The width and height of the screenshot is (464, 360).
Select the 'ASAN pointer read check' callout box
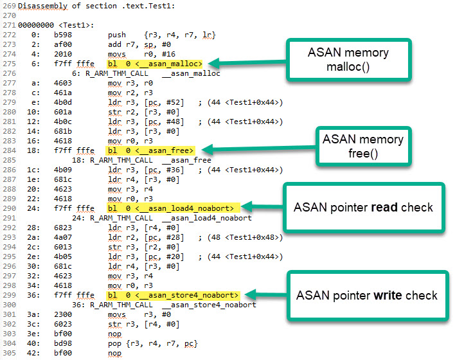point(364,207)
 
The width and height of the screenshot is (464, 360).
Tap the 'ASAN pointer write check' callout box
point(366,295)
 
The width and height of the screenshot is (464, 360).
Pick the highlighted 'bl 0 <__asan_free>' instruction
point(150,150)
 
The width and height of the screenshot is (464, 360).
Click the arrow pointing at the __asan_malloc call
point(244,63)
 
